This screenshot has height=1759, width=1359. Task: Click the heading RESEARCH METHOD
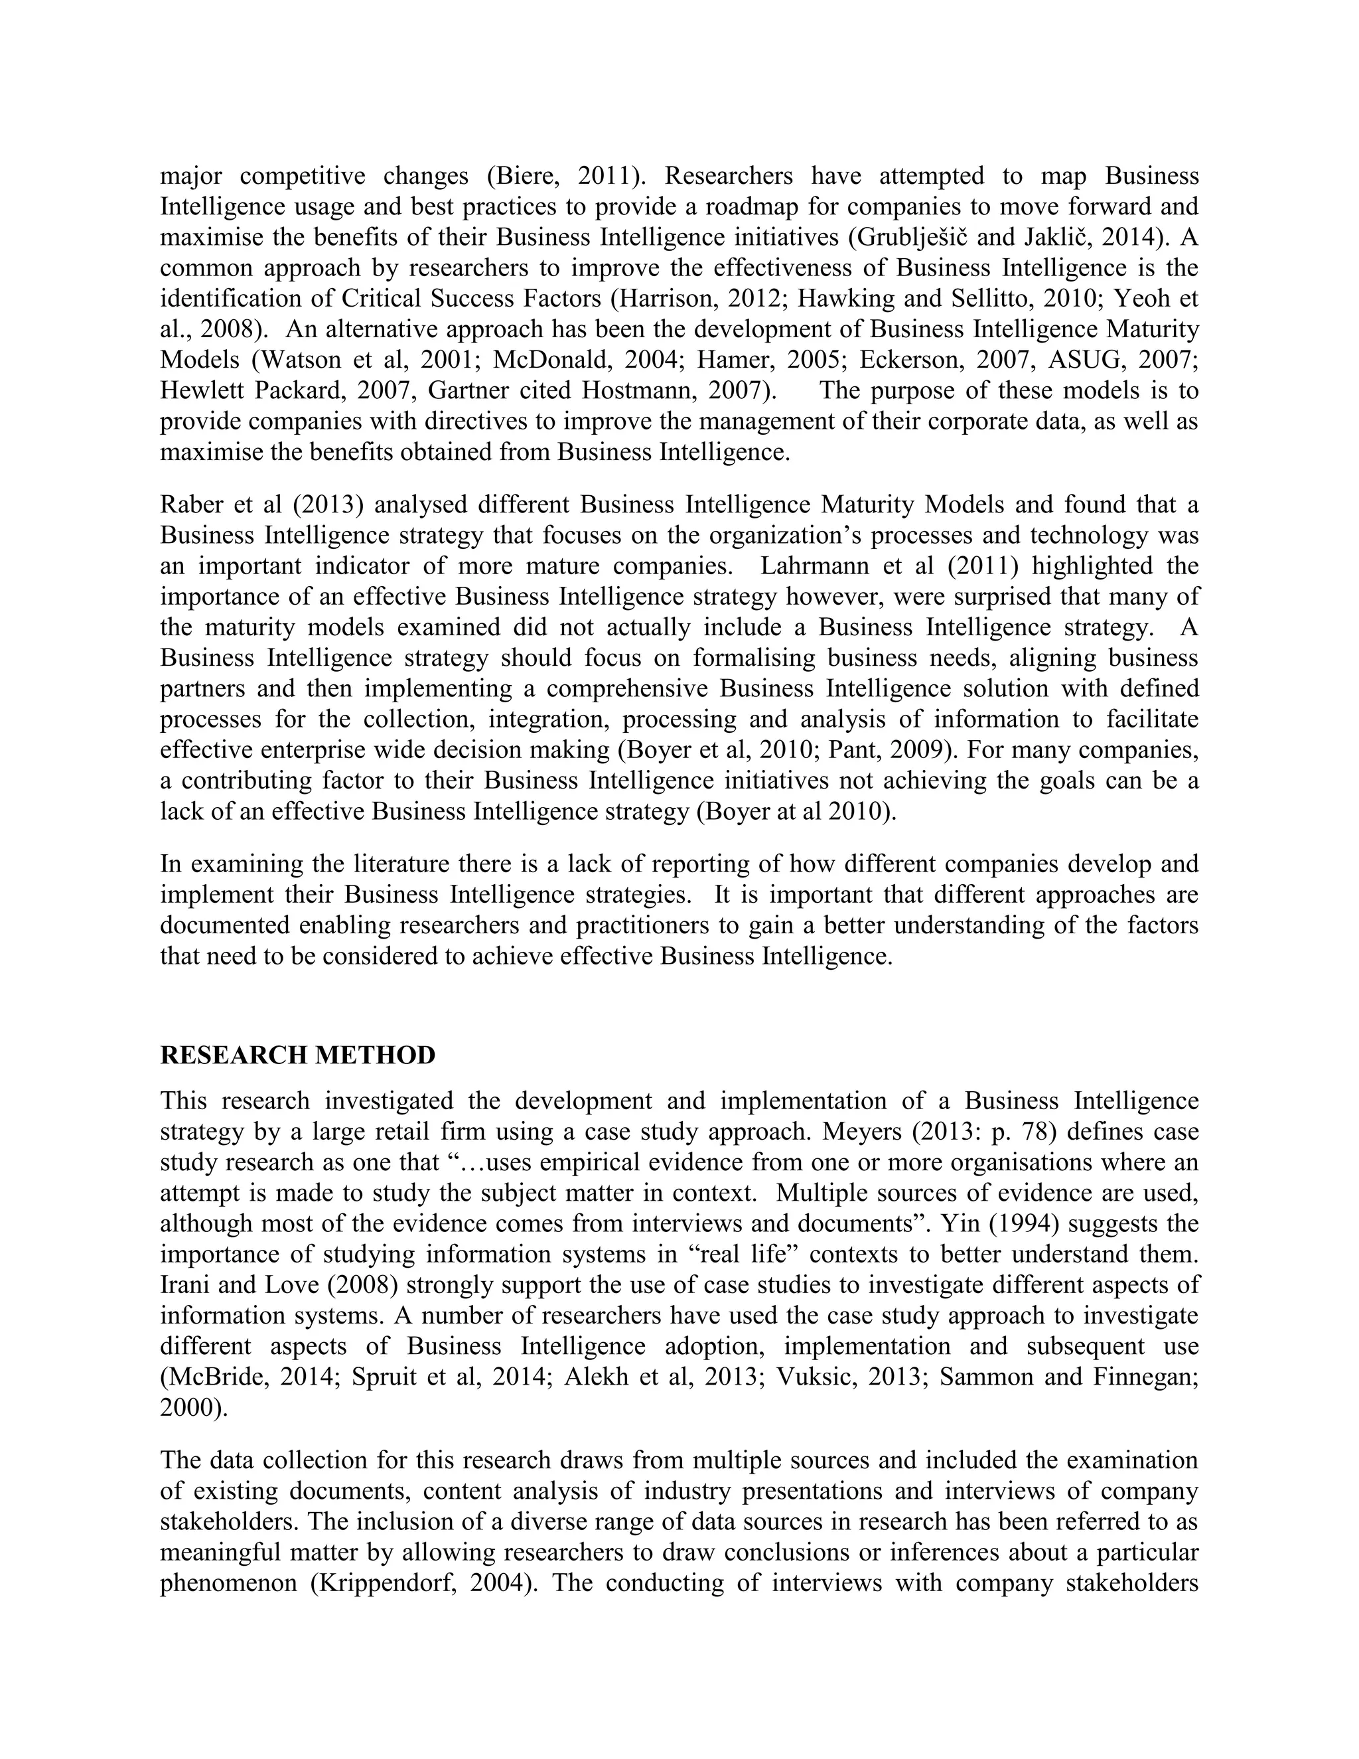[297, 1055]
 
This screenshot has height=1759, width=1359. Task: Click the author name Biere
[533, 176]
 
